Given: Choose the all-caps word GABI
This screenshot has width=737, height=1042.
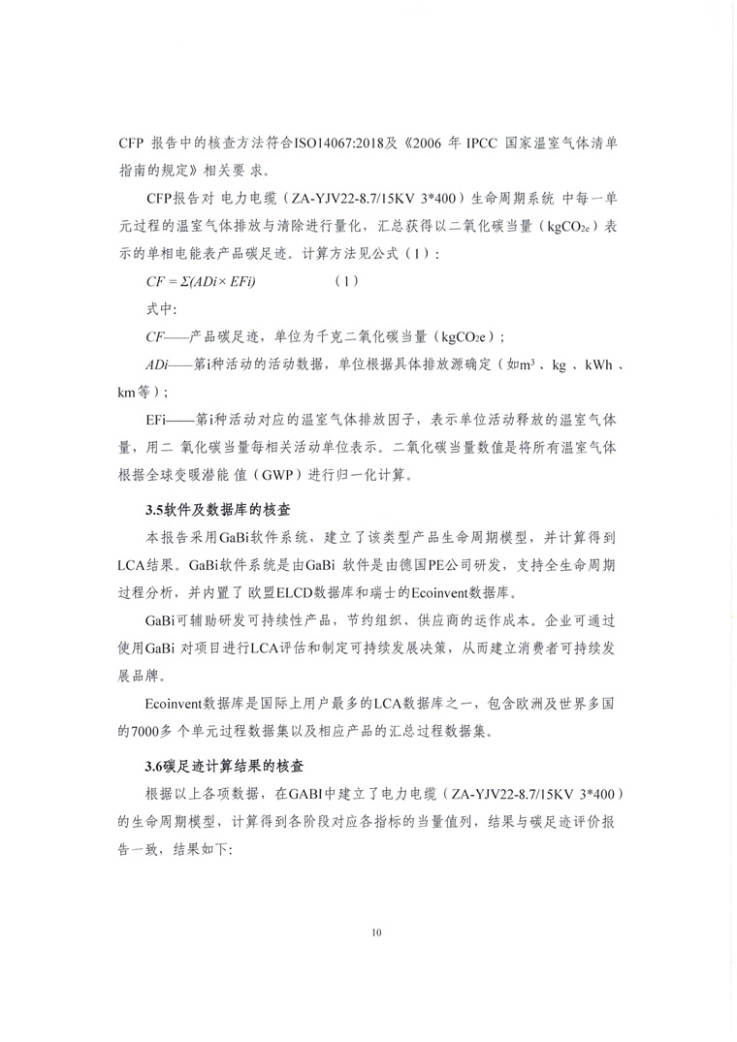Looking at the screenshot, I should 308,793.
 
